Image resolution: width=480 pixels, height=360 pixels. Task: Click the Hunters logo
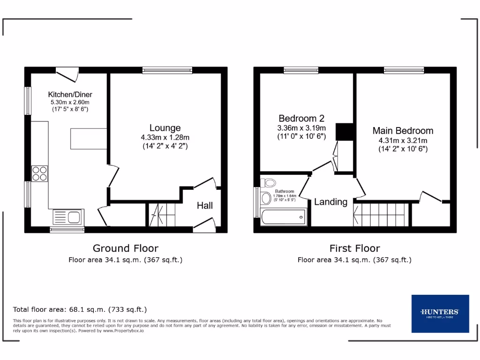coord(440,313)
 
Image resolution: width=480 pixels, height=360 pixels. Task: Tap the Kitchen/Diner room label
coord(70,95)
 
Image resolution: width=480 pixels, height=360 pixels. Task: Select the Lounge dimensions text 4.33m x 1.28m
coord(165,137)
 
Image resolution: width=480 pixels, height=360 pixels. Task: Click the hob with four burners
coord(39,174)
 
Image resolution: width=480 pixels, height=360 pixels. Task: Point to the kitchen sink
coord(67,217)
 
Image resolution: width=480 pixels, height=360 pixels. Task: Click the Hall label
coord(204,205)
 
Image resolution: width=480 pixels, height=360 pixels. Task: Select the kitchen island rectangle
coord(88,138)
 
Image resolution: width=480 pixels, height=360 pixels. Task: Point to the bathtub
coord(284,217)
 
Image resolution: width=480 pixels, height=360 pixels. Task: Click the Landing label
coord(330,202)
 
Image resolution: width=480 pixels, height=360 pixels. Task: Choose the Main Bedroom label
coord(403,131)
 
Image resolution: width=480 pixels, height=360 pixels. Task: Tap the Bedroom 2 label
coord(301,119)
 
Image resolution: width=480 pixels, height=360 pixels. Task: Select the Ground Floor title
coord(125,248)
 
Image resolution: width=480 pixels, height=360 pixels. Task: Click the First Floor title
coord(354,248)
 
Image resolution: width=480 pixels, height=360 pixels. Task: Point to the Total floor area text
coord(80,309)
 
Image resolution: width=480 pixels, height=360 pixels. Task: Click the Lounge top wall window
coord(167,70)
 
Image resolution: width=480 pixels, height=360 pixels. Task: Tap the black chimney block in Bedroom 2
coord(345,132)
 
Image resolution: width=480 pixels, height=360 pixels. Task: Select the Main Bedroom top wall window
coord(404,70)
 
